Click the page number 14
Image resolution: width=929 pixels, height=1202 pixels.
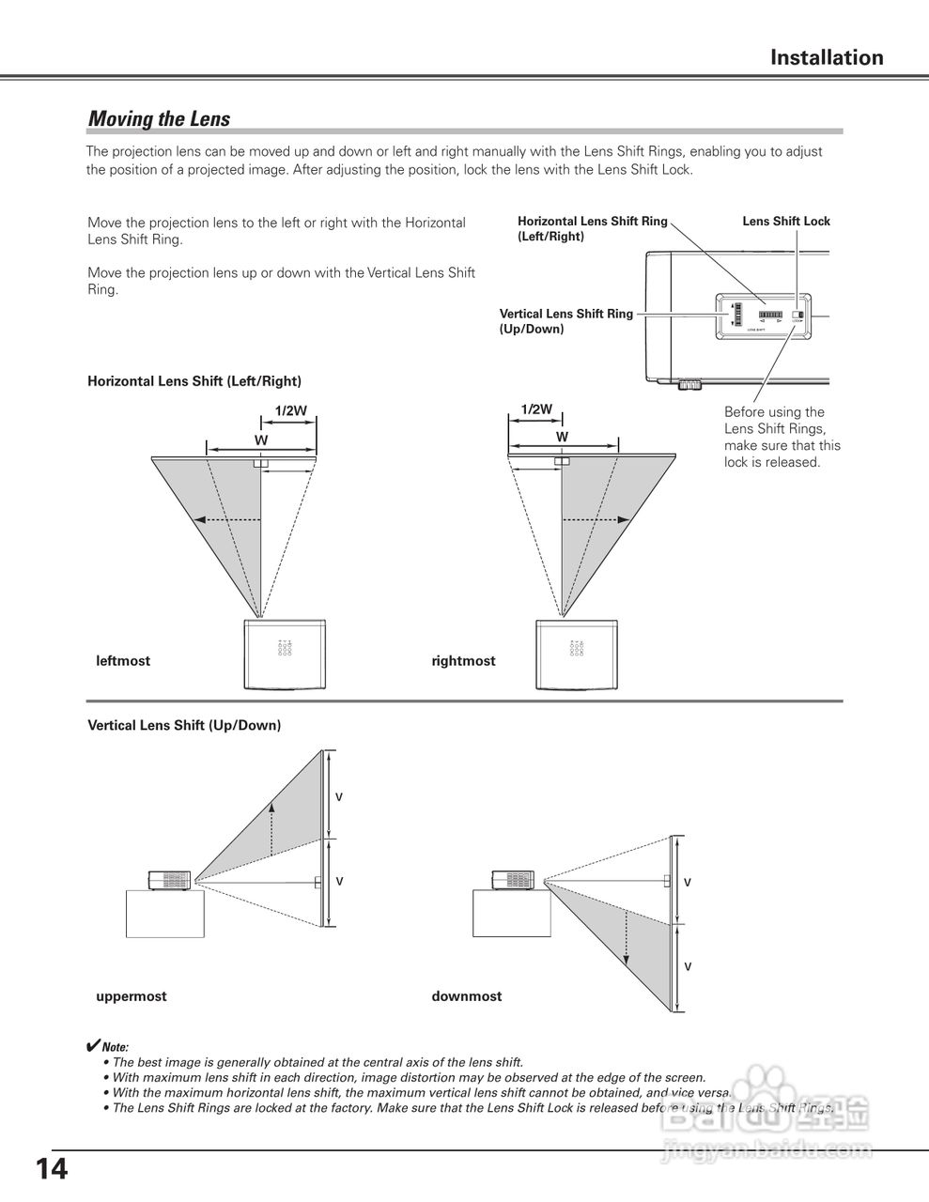point(52,1169)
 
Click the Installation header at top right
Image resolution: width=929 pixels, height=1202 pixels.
point(827,57)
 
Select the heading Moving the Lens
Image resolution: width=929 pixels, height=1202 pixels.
point(159,119)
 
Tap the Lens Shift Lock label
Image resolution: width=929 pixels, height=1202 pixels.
point(786,222)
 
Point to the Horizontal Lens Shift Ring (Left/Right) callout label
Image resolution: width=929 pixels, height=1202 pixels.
point(592,229)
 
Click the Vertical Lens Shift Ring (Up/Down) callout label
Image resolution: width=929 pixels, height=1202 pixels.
point(565,321)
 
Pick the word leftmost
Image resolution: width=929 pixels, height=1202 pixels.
point(123,661)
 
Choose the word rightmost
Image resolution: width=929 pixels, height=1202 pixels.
point(463,661)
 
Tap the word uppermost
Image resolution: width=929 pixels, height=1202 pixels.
point(132,996)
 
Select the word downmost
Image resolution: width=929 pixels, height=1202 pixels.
point(467,996)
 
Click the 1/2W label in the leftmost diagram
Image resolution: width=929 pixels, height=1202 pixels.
point(290,410)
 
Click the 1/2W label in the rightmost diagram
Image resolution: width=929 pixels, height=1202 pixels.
point(536,409)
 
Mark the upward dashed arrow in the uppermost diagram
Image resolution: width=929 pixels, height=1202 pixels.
point(272,826)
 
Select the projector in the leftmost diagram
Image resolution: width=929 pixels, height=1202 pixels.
point(286,654)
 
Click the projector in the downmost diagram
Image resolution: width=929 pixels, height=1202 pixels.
point(513,880)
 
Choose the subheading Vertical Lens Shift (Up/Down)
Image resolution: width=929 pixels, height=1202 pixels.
point(184,726)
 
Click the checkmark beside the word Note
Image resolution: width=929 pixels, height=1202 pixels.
point(93,1045)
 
